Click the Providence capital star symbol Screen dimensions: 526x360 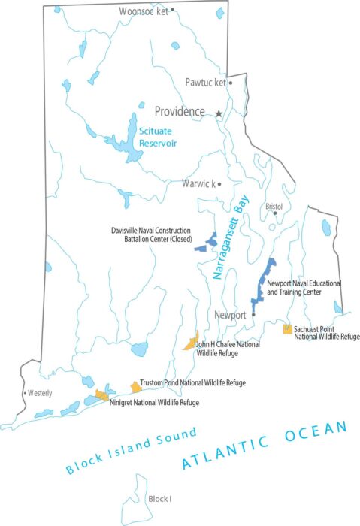pos(219,113)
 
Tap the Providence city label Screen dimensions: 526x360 pos(180,112)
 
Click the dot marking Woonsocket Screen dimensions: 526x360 pos(172,10)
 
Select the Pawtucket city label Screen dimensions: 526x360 pos(205,83)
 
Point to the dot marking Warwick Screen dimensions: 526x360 pos(219,183)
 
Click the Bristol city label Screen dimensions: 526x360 pos(273,206)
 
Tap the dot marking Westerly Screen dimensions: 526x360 pos(25,392)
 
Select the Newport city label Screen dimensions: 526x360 pos(230,315)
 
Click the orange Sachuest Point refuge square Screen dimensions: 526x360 pos(287,328)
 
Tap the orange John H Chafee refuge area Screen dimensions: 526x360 pos(190,342)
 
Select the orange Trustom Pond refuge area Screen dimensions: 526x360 pos(136,386)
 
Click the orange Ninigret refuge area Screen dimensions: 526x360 pos(101,394)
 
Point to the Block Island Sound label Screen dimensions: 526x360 pos(131,451)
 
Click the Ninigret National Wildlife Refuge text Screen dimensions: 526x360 pos(154,403)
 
